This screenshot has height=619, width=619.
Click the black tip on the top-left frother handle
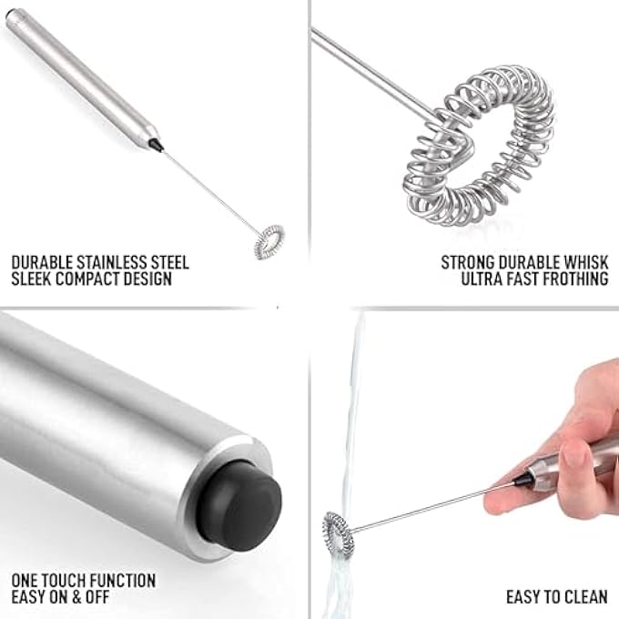click(156, 144)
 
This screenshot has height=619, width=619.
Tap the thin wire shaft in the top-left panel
click(209, 192)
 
